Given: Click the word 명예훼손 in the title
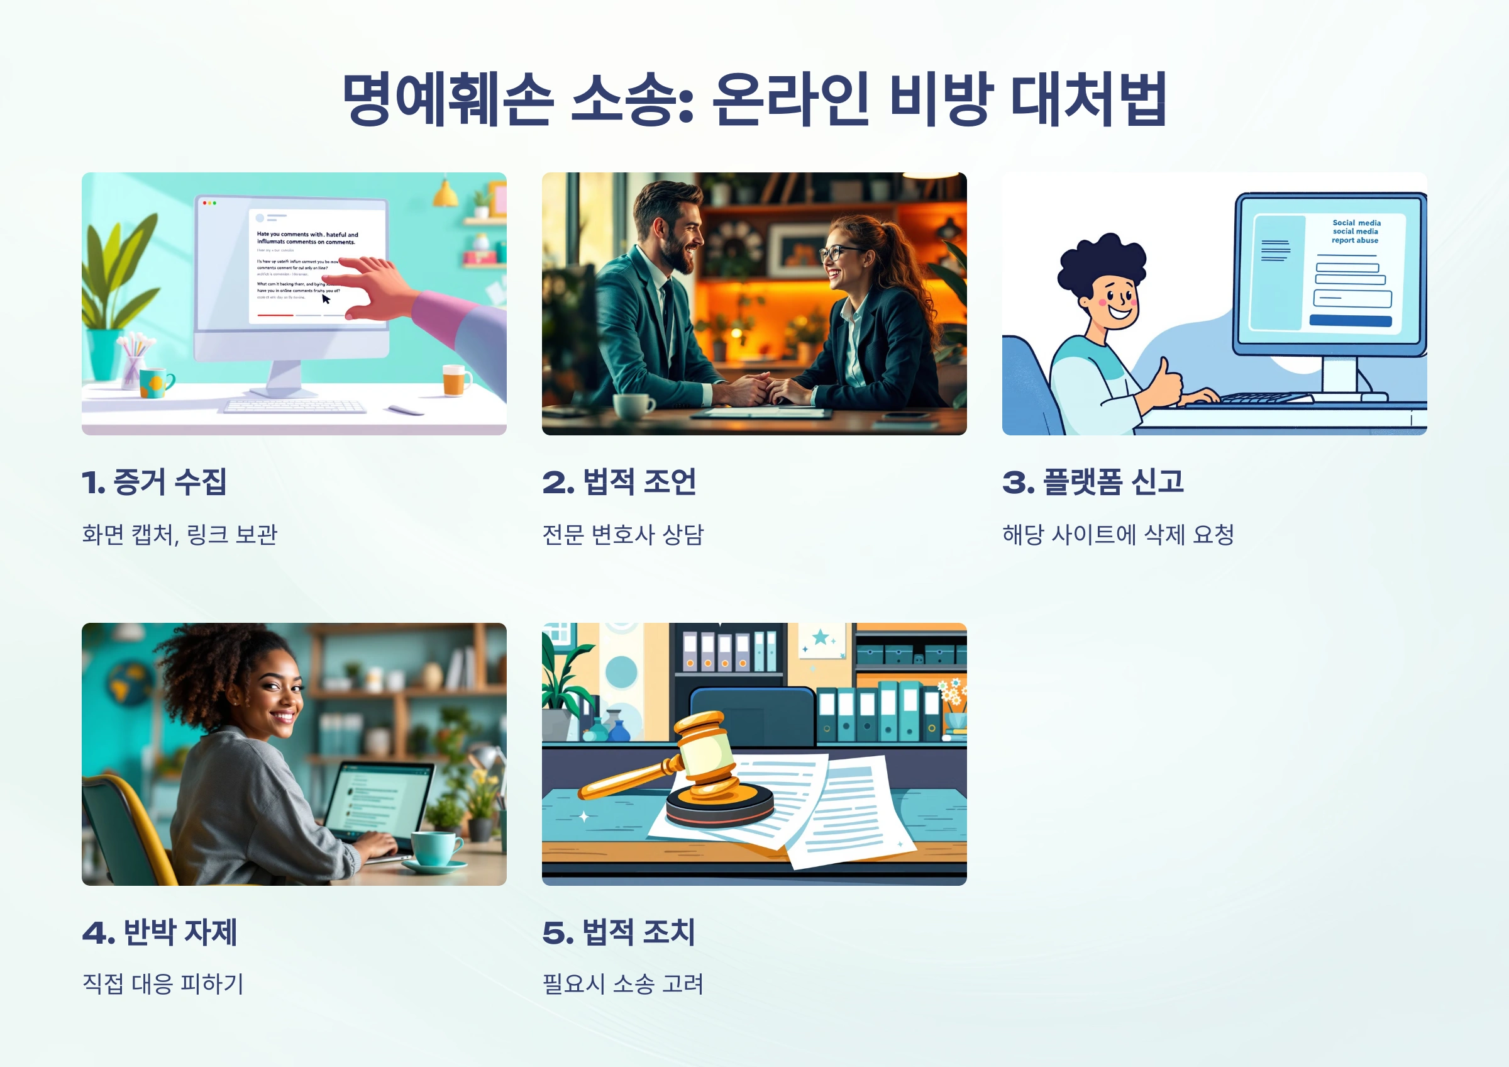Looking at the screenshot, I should click(447, 100).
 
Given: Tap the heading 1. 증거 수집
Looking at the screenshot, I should click(155, 482).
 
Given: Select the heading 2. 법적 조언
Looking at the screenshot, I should click(619, 482).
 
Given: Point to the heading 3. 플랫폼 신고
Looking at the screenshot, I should click(1093, 482).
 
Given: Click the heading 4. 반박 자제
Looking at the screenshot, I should click(160, 932).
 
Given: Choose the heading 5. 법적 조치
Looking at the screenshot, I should click(619, 932).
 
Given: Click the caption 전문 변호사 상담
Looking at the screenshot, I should click(622, 534).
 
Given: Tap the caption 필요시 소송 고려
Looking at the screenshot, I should click(622, 984).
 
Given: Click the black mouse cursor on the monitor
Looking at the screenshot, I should click(326, 299).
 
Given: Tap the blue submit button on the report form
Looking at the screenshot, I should click(1350, 321).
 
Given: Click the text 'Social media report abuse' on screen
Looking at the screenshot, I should click(1356, 232).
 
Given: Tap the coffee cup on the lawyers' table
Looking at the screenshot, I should click(633, 406).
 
